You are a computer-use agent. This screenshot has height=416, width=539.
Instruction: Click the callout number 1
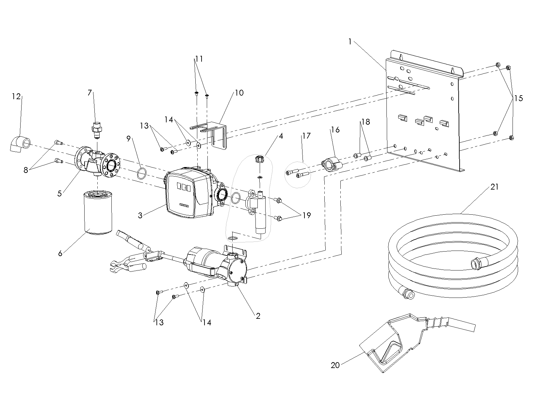pyautogui.click(x=350, y=42)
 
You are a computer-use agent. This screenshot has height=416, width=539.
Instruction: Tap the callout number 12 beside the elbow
pyautogui.click(x=16, y=97)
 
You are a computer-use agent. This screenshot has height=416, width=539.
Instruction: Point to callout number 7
pyautogui.click(x=90, y=93)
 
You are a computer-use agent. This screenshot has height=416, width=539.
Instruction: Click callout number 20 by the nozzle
pyautogui.click(x=335, y=365)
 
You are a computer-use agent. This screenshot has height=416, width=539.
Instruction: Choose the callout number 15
pyautogui.click(x=518, y=98)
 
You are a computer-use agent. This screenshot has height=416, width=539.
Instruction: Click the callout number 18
pyautogui.click(x=366, y=122)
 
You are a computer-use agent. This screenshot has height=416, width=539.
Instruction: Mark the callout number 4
pyautogui.click(x=281, y=136)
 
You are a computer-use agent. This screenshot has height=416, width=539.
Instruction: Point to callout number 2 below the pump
pyautogui.click(x=258, y=316)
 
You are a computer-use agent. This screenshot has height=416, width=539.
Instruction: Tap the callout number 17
pyautogui.click(x=306, y=136)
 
